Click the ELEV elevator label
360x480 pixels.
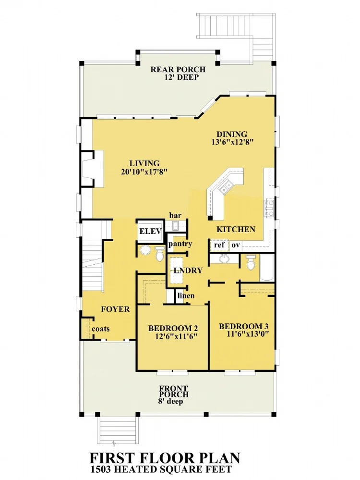(150, 232)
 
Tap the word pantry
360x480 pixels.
(180, 244)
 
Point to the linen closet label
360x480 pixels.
(186, 295)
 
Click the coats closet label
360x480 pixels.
(101, 329)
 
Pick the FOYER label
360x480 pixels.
(115, 309)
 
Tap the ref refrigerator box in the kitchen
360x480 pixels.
(219, 245)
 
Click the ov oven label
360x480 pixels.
(236, 245)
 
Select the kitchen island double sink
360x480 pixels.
(226, 186)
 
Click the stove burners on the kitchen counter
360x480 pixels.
(269, 208)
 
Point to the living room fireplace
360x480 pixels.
(92, 169)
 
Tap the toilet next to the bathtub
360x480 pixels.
(251, 262)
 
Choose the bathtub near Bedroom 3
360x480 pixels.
(267, 267)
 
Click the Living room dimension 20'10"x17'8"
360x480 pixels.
(144, 172)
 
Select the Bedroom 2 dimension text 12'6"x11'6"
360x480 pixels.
(176, 336)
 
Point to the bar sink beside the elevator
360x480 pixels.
(176, 226)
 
